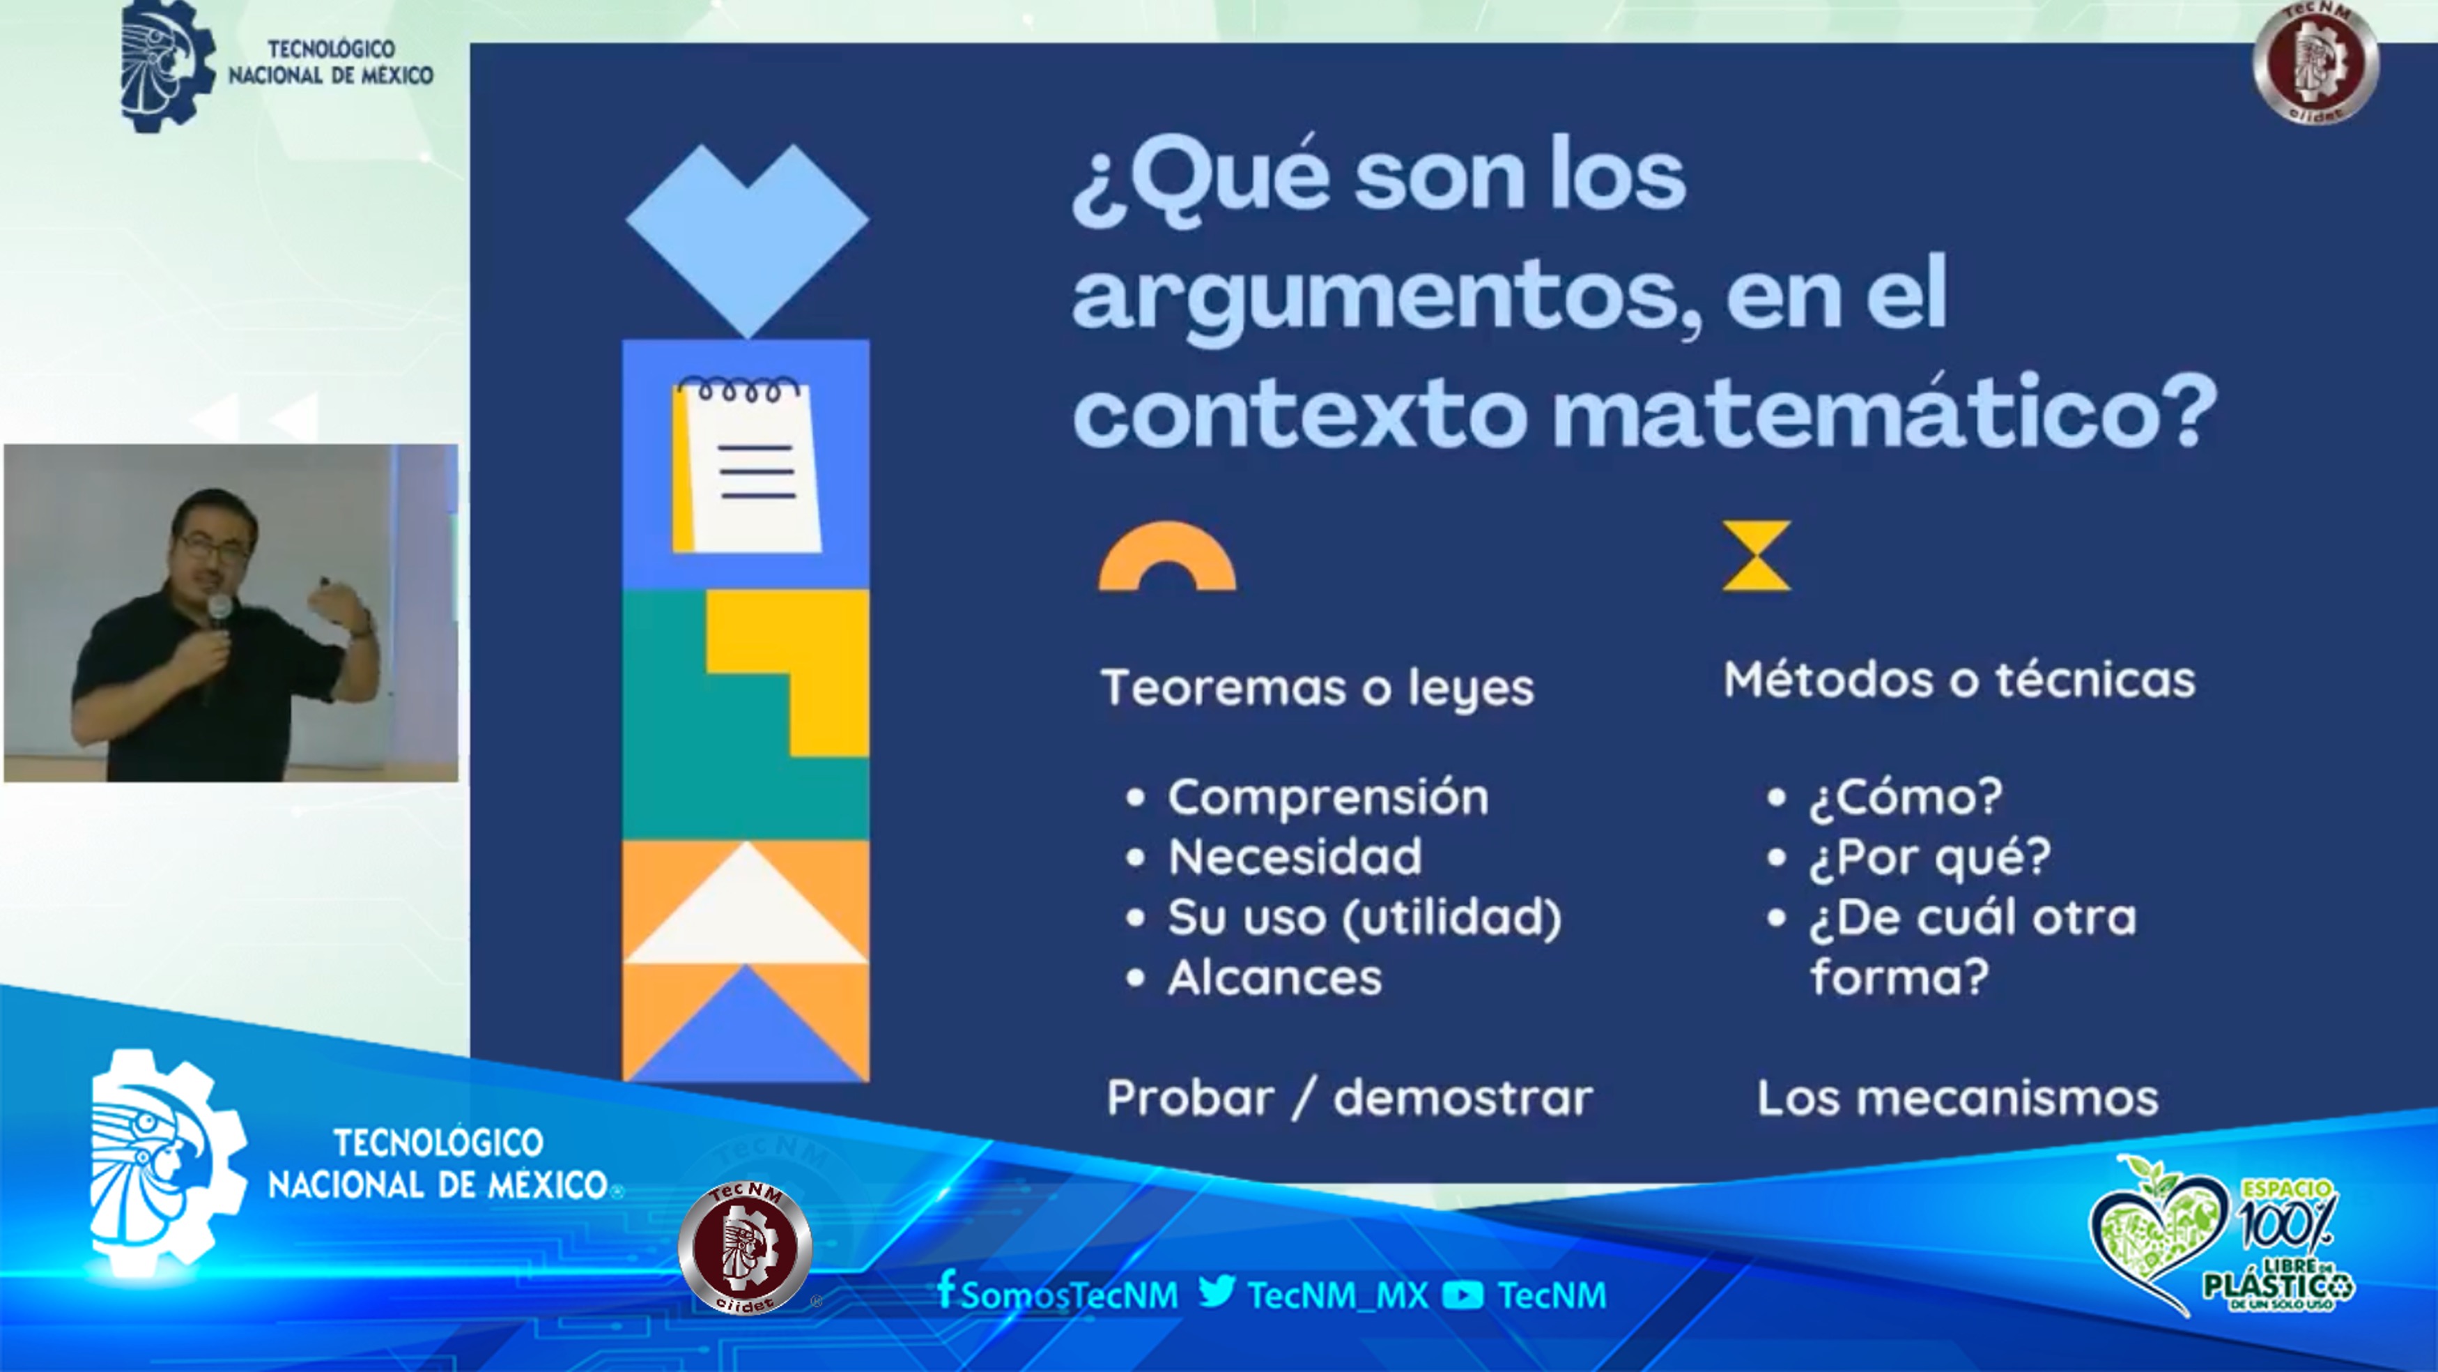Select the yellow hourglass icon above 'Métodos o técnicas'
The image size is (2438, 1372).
pyautogui.click(x=1757, y=556)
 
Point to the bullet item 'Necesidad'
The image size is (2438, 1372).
pyautogui.click(x=1295, y=857)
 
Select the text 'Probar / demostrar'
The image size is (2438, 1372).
pyautogui.click(x=1350, y=1098)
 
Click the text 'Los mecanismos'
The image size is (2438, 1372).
pyautogui.click(x=1958, y=1098)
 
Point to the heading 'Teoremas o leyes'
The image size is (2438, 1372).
pyautogui.click(x=1318, y=687)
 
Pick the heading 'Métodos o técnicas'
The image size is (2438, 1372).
pyautogui.click(x=1959, y=680)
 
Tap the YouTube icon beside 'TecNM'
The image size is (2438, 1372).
pyautogui.click(x=1463, y=1295)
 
